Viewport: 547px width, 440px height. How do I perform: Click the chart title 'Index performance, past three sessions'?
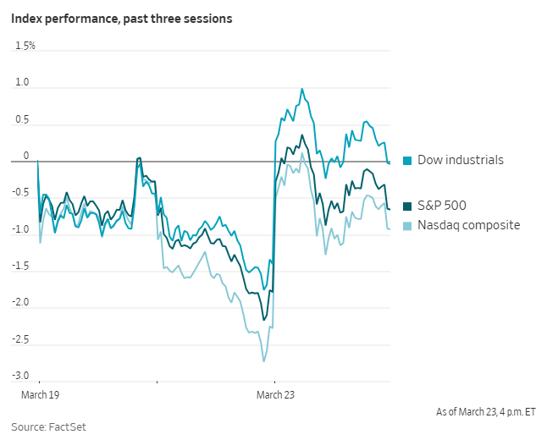(122, 18)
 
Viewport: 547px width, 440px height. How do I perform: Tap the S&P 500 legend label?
(440, 205)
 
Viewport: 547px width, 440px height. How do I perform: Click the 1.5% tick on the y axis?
(25, 45)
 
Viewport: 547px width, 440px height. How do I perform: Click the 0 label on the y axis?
(25, 156)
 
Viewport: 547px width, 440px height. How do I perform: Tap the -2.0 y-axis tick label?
(20, 302)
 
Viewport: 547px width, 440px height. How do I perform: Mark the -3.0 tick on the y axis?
(20, 376)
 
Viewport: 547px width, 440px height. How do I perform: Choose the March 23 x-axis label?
(275, 394)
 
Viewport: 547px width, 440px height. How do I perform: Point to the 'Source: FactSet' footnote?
(48, 427)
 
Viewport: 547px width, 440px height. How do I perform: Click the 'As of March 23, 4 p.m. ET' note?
(485, 412)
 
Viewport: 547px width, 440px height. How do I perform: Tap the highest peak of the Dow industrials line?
(301, 88)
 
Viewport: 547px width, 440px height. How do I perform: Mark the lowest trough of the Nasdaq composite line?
(263, 361)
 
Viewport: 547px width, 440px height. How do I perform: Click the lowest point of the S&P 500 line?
(263, 320)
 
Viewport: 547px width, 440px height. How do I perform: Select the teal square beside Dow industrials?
(406, 161)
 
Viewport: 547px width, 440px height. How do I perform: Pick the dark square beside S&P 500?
(406, 206)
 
